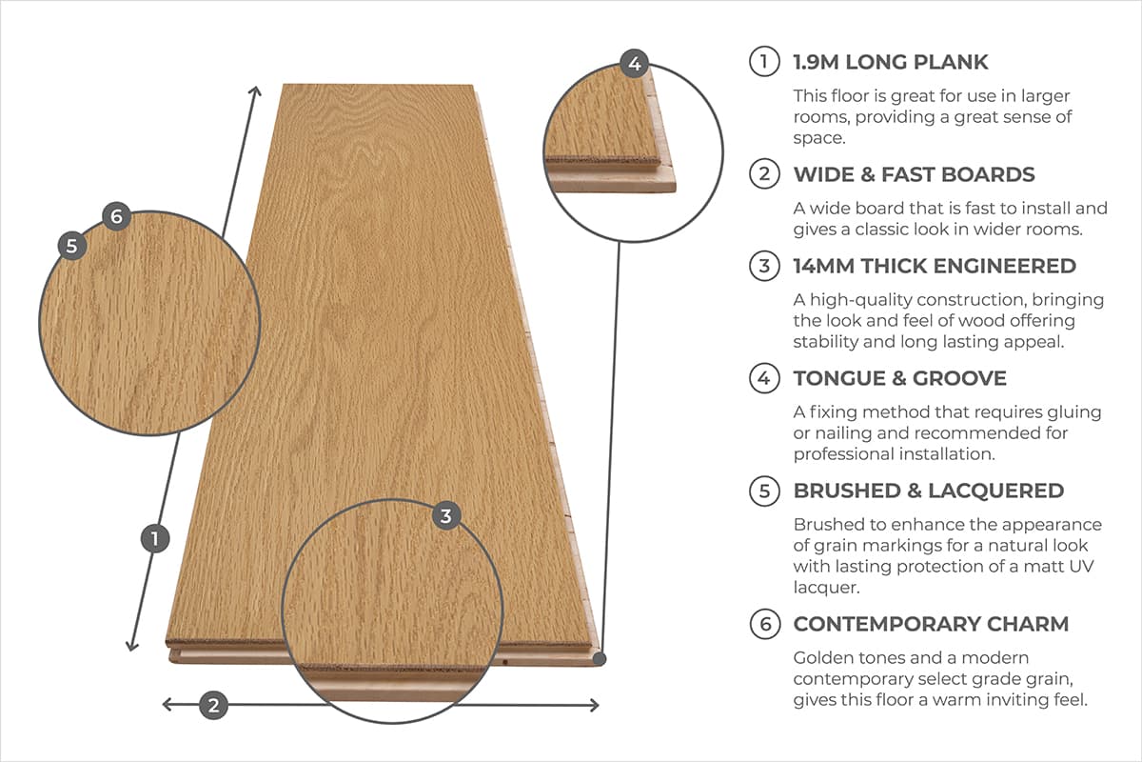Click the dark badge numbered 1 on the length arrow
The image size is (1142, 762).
(x=154, y=539)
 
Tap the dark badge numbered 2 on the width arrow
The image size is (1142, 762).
(x=213, y=706)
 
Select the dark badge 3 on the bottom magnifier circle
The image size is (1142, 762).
(x=446, y=516)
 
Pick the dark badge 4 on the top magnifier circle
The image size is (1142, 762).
(x=635, y=65)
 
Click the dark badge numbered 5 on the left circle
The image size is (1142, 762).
(x=72, y=244)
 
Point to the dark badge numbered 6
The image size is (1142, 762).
(x=115, y=216)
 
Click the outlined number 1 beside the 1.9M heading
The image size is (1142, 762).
(x=764, y=63)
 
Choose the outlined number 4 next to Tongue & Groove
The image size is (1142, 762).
(x=764, y=378)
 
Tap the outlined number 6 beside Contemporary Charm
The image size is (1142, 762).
(x=764, y=624)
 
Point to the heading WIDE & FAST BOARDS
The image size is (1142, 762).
(x=914, y=174)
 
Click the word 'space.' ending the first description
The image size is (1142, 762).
(x=820, y=138)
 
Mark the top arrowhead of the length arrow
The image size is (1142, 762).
(x=255, y=90)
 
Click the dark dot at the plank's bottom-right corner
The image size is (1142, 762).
(x=600, y=657)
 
